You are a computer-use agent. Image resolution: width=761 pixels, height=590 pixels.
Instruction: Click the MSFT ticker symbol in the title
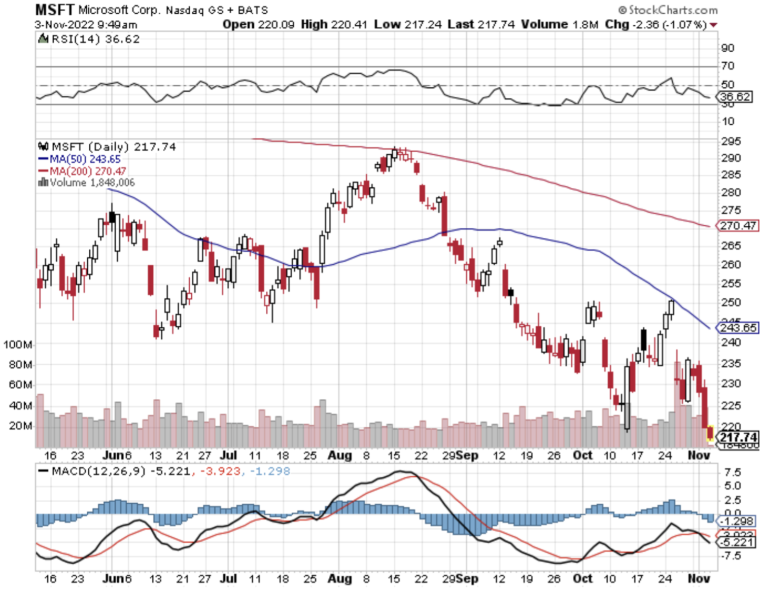coord(54,9)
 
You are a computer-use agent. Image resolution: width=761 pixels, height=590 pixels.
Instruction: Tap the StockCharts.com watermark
coord(668,10)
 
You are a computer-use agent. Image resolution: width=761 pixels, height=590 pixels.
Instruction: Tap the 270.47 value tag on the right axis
coord(738,225)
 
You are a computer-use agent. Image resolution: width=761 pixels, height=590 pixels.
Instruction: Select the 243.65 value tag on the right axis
coord(738,328)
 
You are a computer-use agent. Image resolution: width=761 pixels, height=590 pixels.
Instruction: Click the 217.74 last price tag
coord(739,437)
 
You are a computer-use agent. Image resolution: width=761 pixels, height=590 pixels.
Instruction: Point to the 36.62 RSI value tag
coord(735,96)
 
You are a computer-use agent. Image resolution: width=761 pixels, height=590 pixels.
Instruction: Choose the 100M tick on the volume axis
coord(18,345)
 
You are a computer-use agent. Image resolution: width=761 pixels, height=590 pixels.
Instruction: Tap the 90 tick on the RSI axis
coord(728,48)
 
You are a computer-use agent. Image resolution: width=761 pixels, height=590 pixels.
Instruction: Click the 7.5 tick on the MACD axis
coord(732,473)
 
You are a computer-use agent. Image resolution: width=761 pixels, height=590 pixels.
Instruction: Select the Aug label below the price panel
coord(339,455)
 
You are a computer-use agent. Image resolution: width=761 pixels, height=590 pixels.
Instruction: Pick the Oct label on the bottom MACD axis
coord(582,578)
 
